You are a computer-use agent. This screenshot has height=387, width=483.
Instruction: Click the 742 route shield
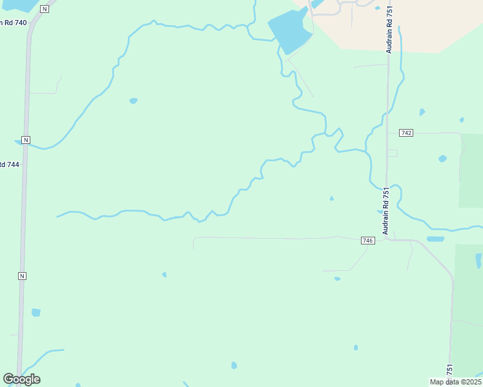click(x=406, y=133)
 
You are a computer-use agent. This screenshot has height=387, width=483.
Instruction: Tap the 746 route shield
click(x=368, y=241)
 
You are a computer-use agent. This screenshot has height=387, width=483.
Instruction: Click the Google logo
click(x=22, y=379)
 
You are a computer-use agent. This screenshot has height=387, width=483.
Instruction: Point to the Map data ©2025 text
click(x=455, y=382)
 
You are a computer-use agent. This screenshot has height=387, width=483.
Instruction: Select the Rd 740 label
click(x=13, y=23)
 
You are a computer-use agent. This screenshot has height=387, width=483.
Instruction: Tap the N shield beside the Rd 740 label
click(x=44, y=9)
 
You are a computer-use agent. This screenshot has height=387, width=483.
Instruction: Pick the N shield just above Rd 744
click(x=25, y=140)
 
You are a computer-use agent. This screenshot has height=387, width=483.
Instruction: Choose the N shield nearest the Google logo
click(x=22, y=276)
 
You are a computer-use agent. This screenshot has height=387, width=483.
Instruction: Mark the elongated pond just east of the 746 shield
click(x=435, y=239)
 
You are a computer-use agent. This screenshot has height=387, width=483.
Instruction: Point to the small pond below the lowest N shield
click(x=36, y=313)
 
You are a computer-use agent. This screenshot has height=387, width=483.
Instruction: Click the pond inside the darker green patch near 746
click(x=478, y=260)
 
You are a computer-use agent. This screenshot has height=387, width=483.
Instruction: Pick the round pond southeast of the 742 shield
click(x=442, y=158)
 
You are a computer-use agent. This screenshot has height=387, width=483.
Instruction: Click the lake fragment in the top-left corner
click(x=16, y=5)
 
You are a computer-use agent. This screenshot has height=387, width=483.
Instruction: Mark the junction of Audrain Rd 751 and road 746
click(x=386, y=239)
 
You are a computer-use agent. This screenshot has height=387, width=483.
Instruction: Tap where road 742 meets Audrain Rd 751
click(x=388, y=133)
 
